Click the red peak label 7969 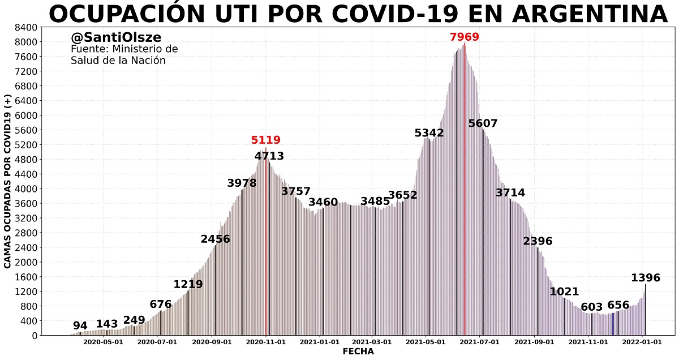click(x=464, y=37)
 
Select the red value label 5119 click(x=266, y=140)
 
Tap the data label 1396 click(x=646, y=278)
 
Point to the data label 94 click(x=80, y=325)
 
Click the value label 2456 click(x=216, y=239)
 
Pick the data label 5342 click(x=429, y=133)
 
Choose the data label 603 click(x=592, y=307)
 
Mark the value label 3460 click(x=323, y=202)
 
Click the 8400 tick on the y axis click(x=27, y=27)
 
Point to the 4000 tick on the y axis click(x=27, y=189)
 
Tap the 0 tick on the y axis click(x=35, y=336)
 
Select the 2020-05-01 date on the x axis click(x=103, y=342)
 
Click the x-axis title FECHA click(x=358, y=352)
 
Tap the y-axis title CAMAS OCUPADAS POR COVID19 click(x=8, y=181)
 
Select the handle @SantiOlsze click(x=116, y=37)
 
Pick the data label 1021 click(x=565, y=292)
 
